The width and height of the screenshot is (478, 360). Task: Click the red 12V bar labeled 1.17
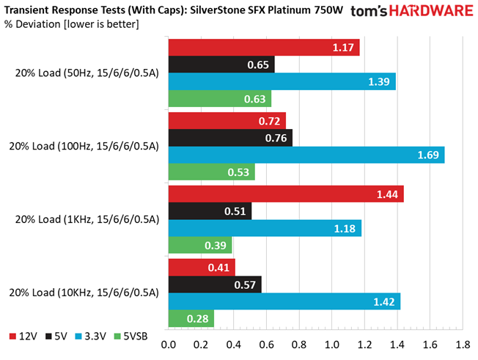coord(264,47)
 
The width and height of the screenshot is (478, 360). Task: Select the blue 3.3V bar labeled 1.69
coord(306,155)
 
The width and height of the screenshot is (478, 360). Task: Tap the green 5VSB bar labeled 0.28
coord(191,319)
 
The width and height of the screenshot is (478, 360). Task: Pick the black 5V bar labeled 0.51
coord(210,211)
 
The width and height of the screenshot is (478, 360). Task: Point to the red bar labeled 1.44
coord(286,194)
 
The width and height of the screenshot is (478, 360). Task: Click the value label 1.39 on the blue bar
coord(379,82)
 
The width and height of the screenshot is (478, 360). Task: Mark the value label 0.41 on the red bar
coord(220,267)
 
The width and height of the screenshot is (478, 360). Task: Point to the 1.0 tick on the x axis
coord(332,344)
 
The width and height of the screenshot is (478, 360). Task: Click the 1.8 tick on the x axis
coord(463,344)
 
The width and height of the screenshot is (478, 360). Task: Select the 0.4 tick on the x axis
coord(234,344)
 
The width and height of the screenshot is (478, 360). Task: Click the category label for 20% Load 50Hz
coord(84,73)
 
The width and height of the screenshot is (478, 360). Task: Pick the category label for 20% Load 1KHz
coord(84,220)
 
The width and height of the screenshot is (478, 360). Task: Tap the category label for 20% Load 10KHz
coord(84,293)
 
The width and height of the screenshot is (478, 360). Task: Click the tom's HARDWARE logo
coord(411,12)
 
